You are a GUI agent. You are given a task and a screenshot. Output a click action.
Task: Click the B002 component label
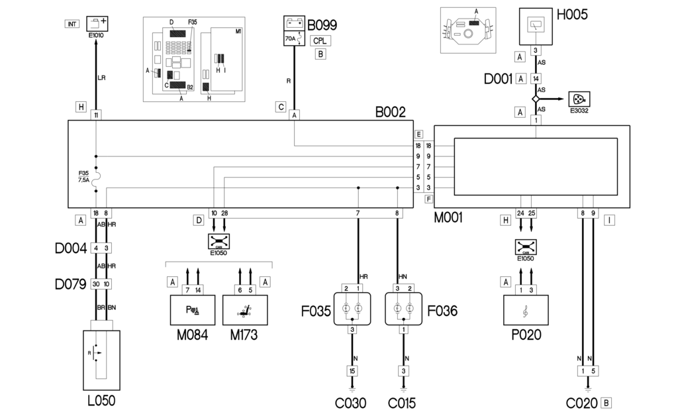tap(390, 112)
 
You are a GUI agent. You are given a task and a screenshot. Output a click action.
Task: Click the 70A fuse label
tap(289, 39)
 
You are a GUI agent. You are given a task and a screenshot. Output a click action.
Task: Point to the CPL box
tap(320, 40)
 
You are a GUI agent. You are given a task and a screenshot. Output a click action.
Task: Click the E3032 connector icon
tap(579, 99)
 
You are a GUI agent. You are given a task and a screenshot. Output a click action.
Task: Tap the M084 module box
tap(192, 308)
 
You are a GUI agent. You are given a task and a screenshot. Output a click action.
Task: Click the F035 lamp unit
tap(352, 308)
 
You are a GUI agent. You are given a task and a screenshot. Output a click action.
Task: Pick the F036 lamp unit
tap(404, 308)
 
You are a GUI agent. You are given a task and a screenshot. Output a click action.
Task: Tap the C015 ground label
tap(403, 403)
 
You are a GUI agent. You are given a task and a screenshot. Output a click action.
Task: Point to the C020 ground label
tap(581, 403)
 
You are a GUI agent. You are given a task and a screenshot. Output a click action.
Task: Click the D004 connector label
tap(70, 249)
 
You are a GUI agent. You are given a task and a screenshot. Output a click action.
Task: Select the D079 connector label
tap(70, 284)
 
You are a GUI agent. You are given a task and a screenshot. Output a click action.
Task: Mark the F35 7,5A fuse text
tap(83, 176)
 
